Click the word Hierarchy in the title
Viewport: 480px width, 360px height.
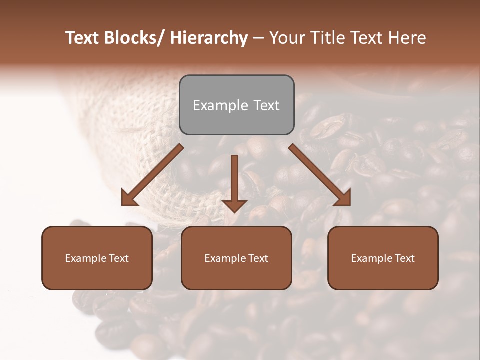(209, 38)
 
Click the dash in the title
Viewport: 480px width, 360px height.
(258, 38)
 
